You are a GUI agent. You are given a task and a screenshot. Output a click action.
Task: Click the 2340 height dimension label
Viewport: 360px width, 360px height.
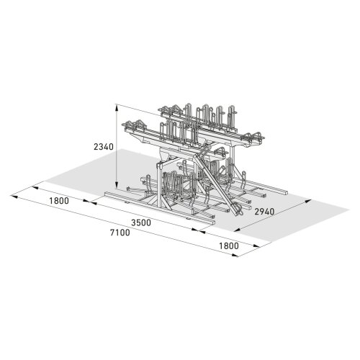pyautogui.click(x=104, y=146)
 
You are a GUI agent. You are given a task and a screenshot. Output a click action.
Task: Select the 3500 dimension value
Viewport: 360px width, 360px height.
pyautogui.click(x=140, y=223)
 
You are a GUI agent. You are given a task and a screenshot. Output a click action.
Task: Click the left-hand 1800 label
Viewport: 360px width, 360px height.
pyautogui.click(x=59, y=201)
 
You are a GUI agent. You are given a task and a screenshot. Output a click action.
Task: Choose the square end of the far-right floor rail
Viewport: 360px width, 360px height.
pyautogui.click(x=287, y=193)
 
